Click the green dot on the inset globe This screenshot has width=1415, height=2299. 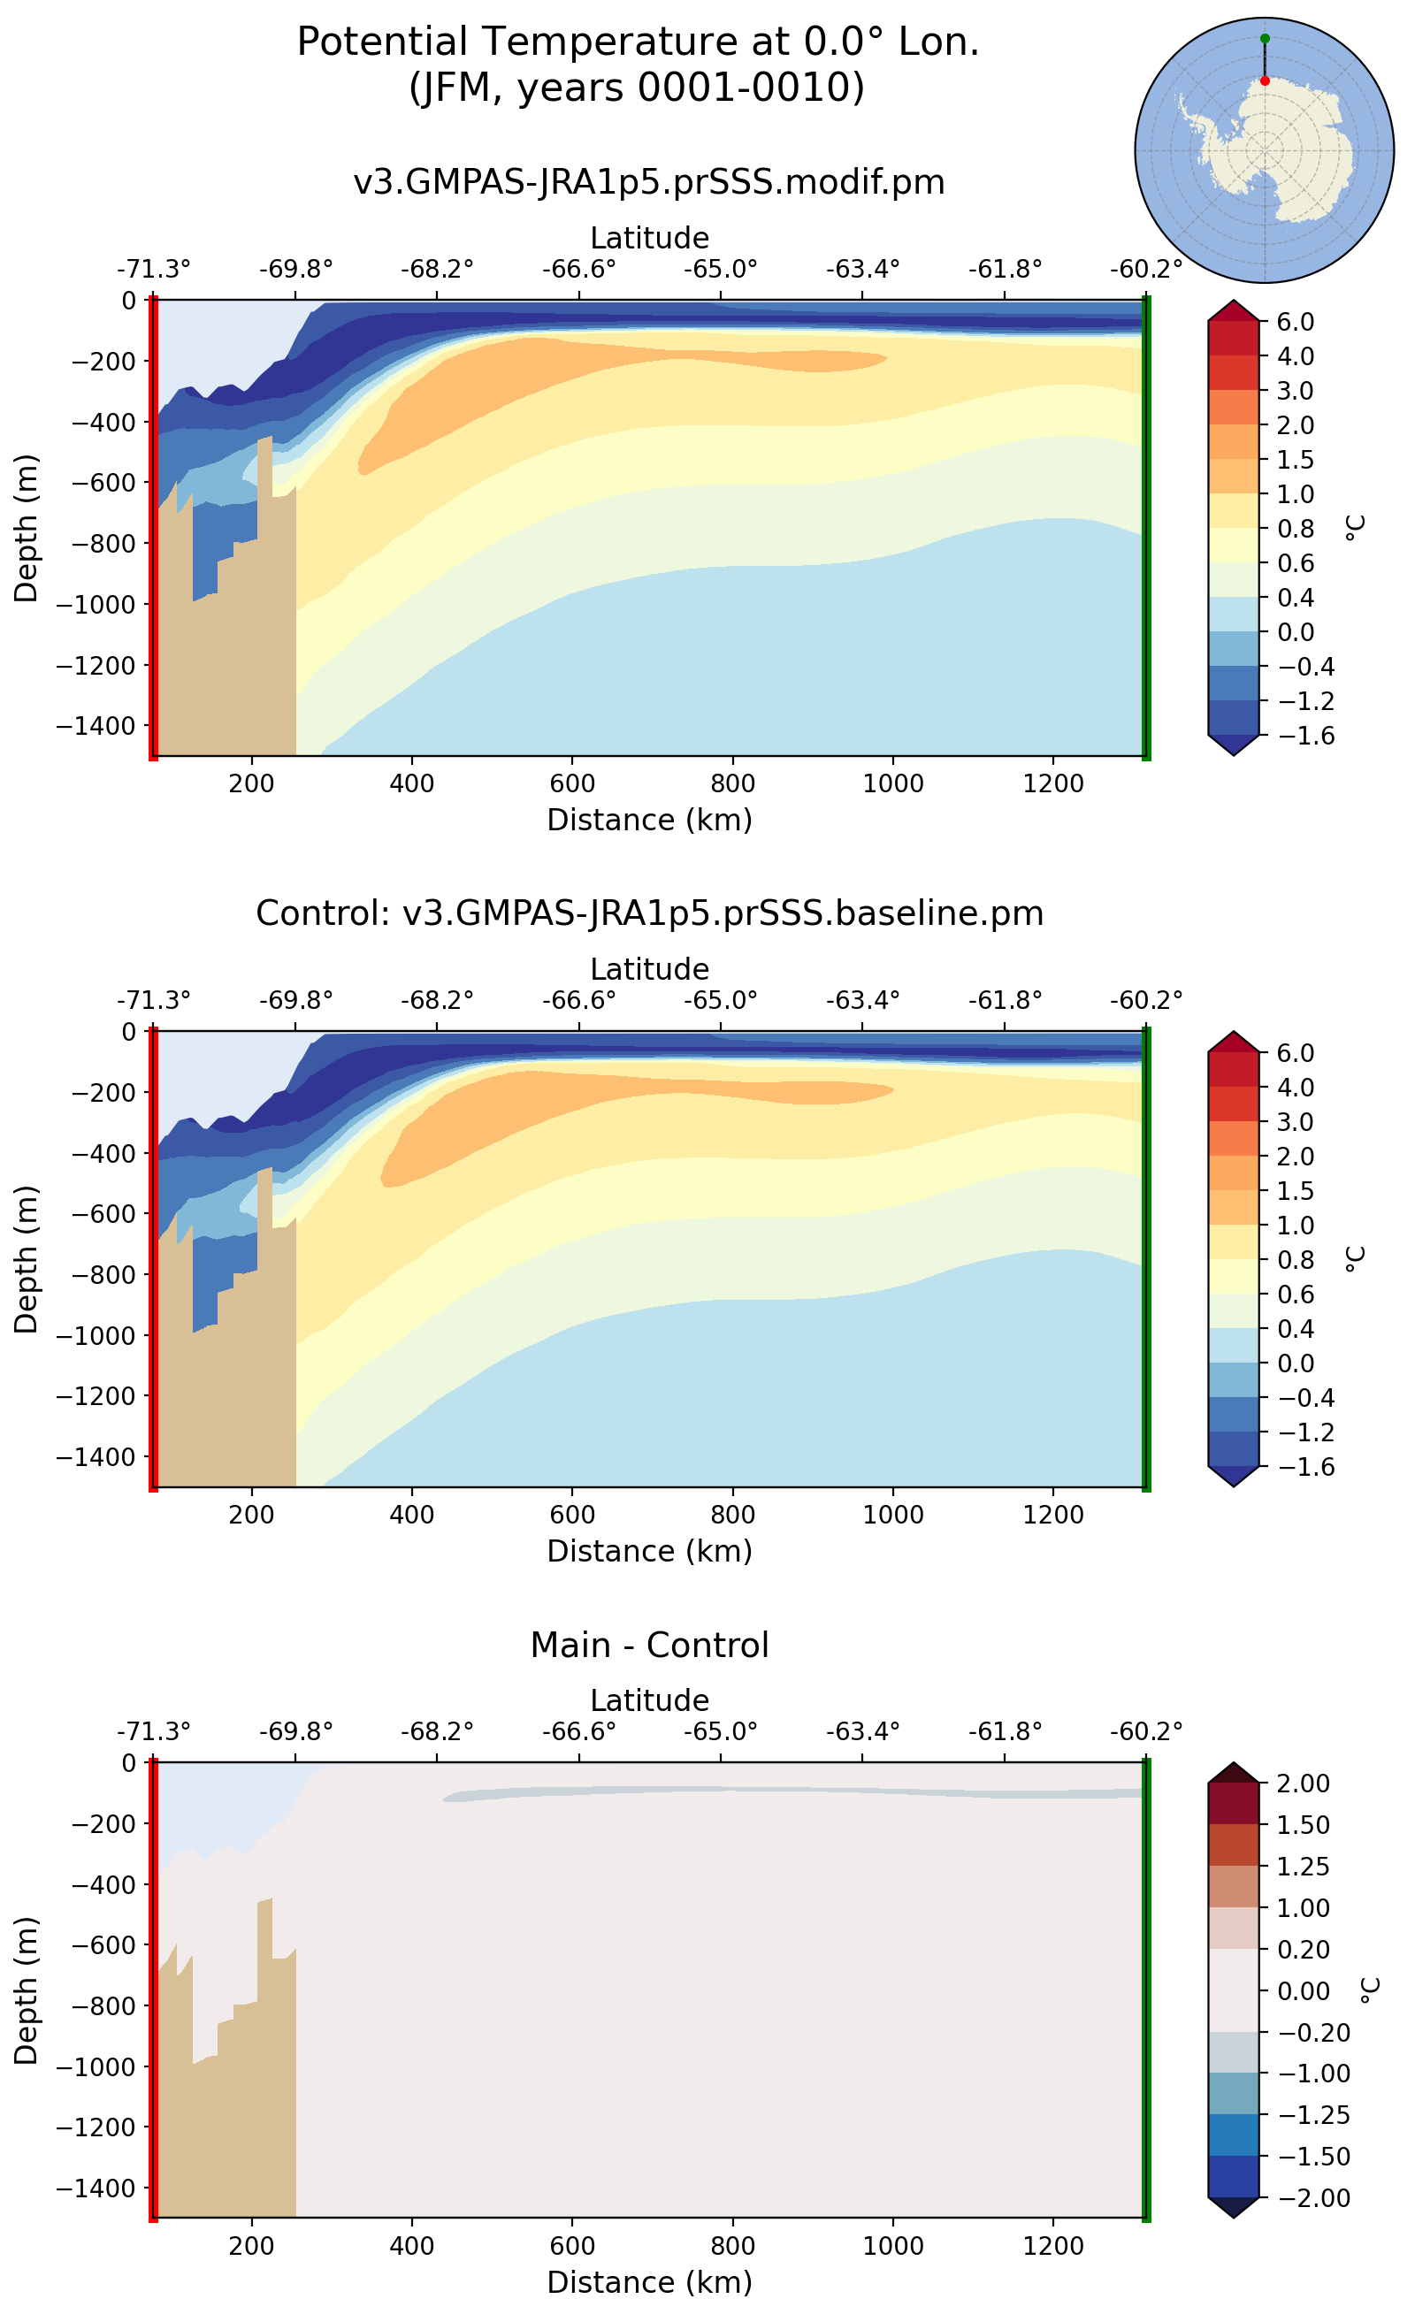pyautogui.click(x=1265, y=38)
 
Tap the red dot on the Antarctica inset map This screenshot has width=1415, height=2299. pyautogui.click(x=1265, y=81)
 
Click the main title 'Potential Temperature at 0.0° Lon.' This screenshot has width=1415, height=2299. pyautogui.click(x=638, y=42)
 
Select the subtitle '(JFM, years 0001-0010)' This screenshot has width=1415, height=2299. pyautogui.click(x=638, y=87)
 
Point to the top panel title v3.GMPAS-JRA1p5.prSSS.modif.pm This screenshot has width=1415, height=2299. pyautogui.click(x=648, y=181)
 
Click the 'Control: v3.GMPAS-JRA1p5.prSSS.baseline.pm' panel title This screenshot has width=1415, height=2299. pyautogui.click(x=648, y=913)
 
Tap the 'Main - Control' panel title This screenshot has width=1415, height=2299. pyautogui.click(x=648, y=1644)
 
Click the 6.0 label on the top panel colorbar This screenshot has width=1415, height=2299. pyautogui.click(x=1296, y=322)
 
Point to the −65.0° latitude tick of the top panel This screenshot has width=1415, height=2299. pyautogui.click(x=720, y=270)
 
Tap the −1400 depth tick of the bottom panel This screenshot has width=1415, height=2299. pyautogui.click(x=96, y=2187)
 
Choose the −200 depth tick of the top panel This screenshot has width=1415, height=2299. pyautogui.click(x=103, y=361)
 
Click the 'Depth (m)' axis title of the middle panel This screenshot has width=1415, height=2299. pyautogui.click(x=27, y=1258)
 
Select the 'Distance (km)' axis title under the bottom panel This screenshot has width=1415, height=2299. pyautogui.click(x=648, y=2281)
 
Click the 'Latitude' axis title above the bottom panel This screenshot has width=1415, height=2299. pyautogui.click(x=648, y=1699)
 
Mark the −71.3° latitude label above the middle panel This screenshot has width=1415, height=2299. pyautogui.click(x=154, y=1000)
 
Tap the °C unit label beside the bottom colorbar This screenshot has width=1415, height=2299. pyautogui.click(x=1368, y=1990)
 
